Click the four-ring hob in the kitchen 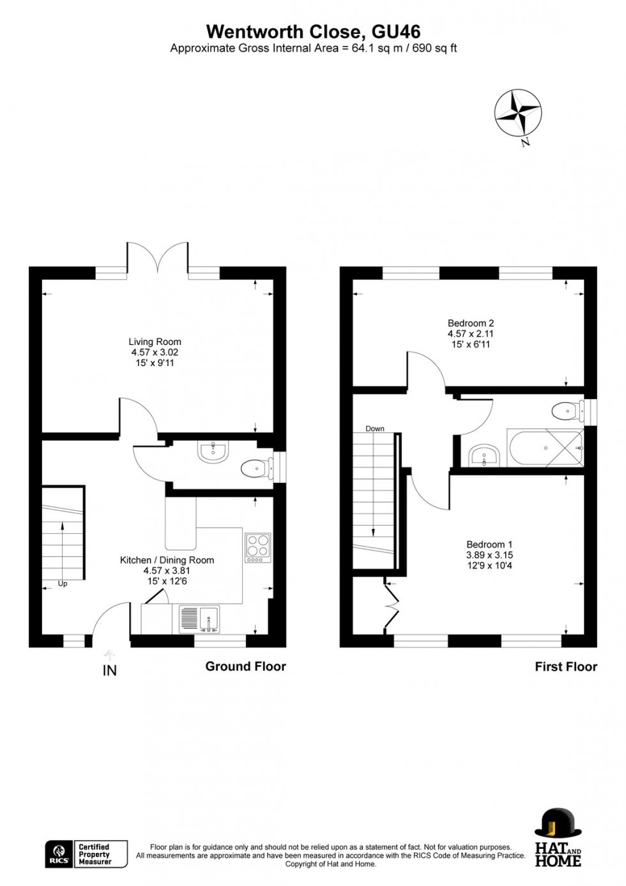pyautogui.click(x=257, y=547)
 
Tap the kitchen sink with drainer pyautogui.click(x=200, y=619)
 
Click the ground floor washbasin pyautogui.click(x=213, y=452)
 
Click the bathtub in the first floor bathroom pyautogui.click(x=545, y=448)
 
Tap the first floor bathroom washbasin pyautogui.click(x=484, y=455)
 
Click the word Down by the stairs pyautogui.click(x=375, y=429)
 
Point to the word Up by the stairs pyautogui.click(x=63, y=583)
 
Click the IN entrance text pyautogui.click(x=110, y=671)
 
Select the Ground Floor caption pyautogui.click(x=245, y=666)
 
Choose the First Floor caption pyautogui.click(x=566, y=667)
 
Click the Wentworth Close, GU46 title pyautogui.click(x=313, y=32)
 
